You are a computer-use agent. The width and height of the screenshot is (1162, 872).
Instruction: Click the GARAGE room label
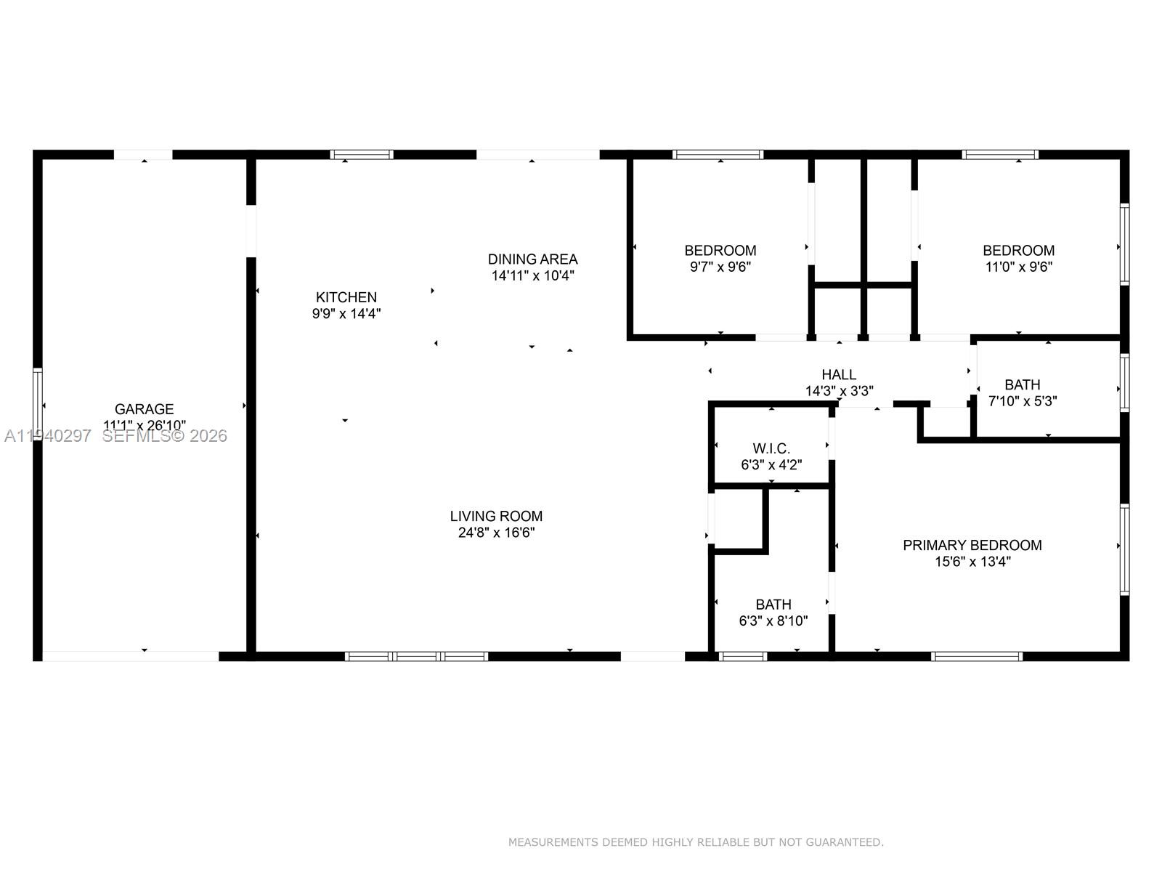(144, 409)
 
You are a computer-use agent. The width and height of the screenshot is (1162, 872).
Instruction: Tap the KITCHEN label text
(346, 297)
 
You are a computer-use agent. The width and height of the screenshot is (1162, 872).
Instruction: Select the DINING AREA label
(532, 259)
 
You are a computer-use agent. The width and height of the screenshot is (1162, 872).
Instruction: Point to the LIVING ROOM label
(496, 516)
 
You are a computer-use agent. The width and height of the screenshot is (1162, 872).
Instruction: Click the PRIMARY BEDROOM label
(972, 545)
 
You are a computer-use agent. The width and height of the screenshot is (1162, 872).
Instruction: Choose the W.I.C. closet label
(771, 448)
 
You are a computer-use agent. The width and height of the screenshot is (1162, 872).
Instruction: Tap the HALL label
(839, 375)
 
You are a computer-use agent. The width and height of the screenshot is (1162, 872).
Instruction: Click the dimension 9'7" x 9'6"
(720, 267)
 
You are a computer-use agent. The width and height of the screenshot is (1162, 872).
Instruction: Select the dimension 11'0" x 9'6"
(1018, 267)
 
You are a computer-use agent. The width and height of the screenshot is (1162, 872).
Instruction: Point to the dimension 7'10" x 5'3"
(1022, 401)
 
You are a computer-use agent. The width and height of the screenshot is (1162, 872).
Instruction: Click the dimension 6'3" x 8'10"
(773, 621)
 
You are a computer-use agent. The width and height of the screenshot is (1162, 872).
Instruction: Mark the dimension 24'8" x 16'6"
(496, 533)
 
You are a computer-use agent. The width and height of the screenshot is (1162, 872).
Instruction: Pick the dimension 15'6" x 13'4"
(972, 562)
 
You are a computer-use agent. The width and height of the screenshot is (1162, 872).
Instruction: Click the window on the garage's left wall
(38, 405)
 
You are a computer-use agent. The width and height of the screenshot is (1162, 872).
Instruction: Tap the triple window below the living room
(416, 656)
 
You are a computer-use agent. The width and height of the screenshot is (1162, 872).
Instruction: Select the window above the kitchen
(362, 154)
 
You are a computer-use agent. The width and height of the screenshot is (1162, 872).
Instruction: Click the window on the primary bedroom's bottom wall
(977, 656)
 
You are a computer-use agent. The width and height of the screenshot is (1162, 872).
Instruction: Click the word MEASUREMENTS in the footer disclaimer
(553, 842)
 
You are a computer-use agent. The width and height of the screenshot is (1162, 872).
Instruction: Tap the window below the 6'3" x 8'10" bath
(743, 656)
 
